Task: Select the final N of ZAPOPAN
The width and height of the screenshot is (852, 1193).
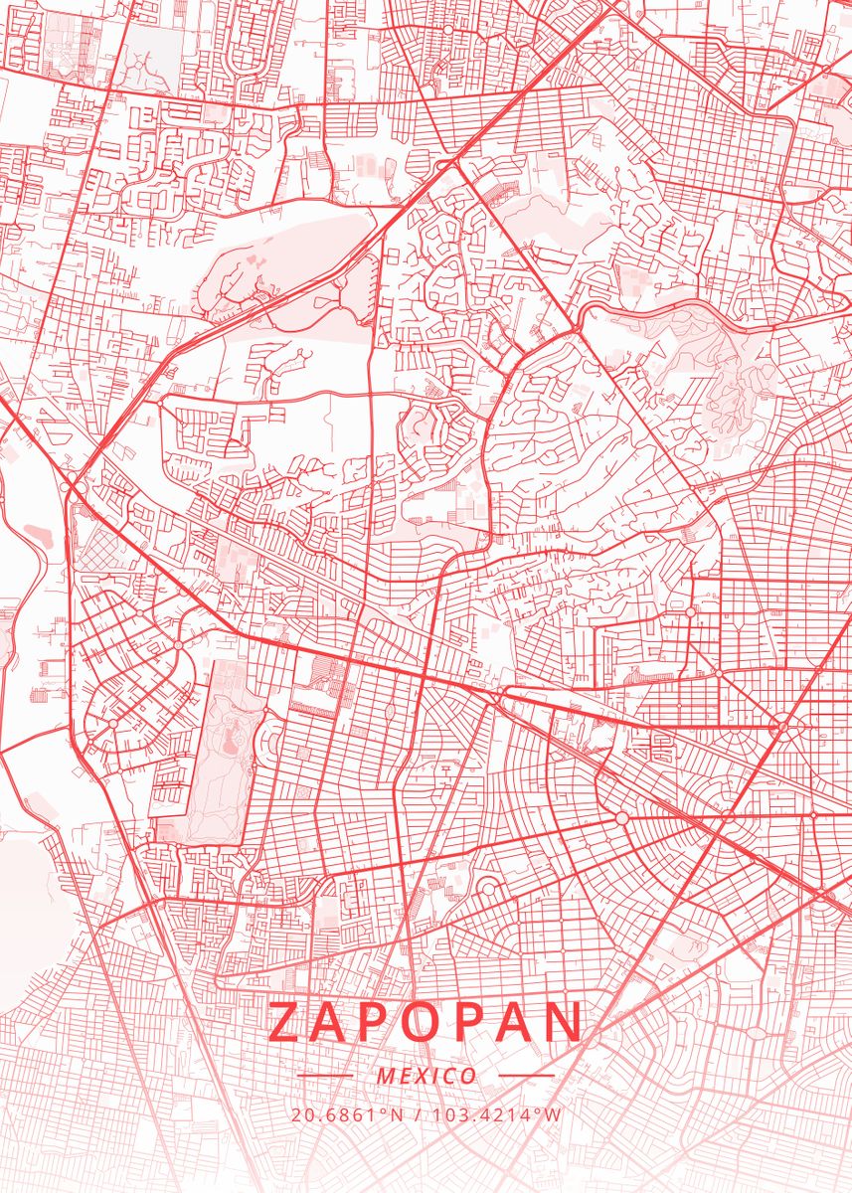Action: [561, 1022]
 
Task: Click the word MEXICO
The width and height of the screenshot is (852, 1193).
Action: [426, 1076]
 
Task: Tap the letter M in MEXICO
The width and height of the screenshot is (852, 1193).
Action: [386, 1076]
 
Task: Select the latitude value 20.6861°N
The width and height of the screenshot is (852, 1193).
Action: [348, 1114]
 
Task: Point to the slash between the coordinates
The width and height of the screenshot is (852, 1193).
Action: [416, 1114]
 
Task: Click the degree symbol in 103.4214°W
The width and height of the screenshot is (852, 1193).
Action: [540, 1110]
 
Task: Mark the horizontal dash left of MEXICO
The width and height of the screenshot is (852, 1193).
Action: [325, 1076]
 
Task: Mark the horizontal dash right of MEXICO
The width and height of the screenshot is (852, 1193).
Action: [526, 1076]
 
